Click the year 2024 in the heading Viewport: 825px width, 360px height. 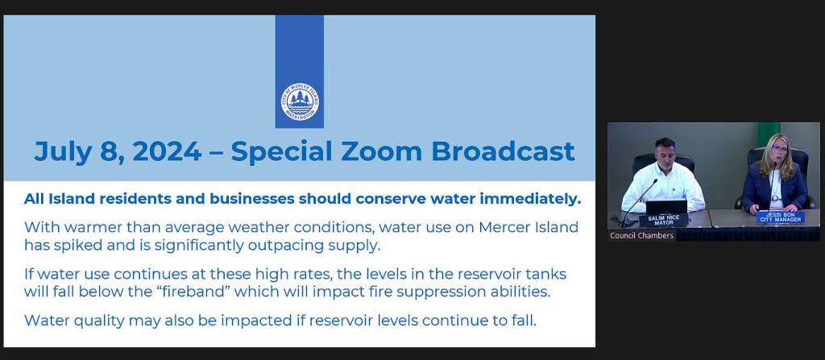pyautogui.click(x=167, y=151)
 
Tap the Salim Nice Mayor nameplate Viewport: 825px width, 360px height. pyautogui.click(x=664, y=220)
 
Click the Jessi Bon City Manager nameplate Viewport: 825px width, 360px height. pyautogui.click(x=780, y=217)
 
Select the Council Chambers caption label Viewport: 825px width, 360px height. pyautogui.click(x=641, y=236)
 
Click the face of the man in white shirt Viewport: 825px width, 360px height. pyautogui.click(x=665, y=152)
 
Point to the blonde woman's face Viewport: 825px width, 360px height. pyautogui.click(x=779, y=151)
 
